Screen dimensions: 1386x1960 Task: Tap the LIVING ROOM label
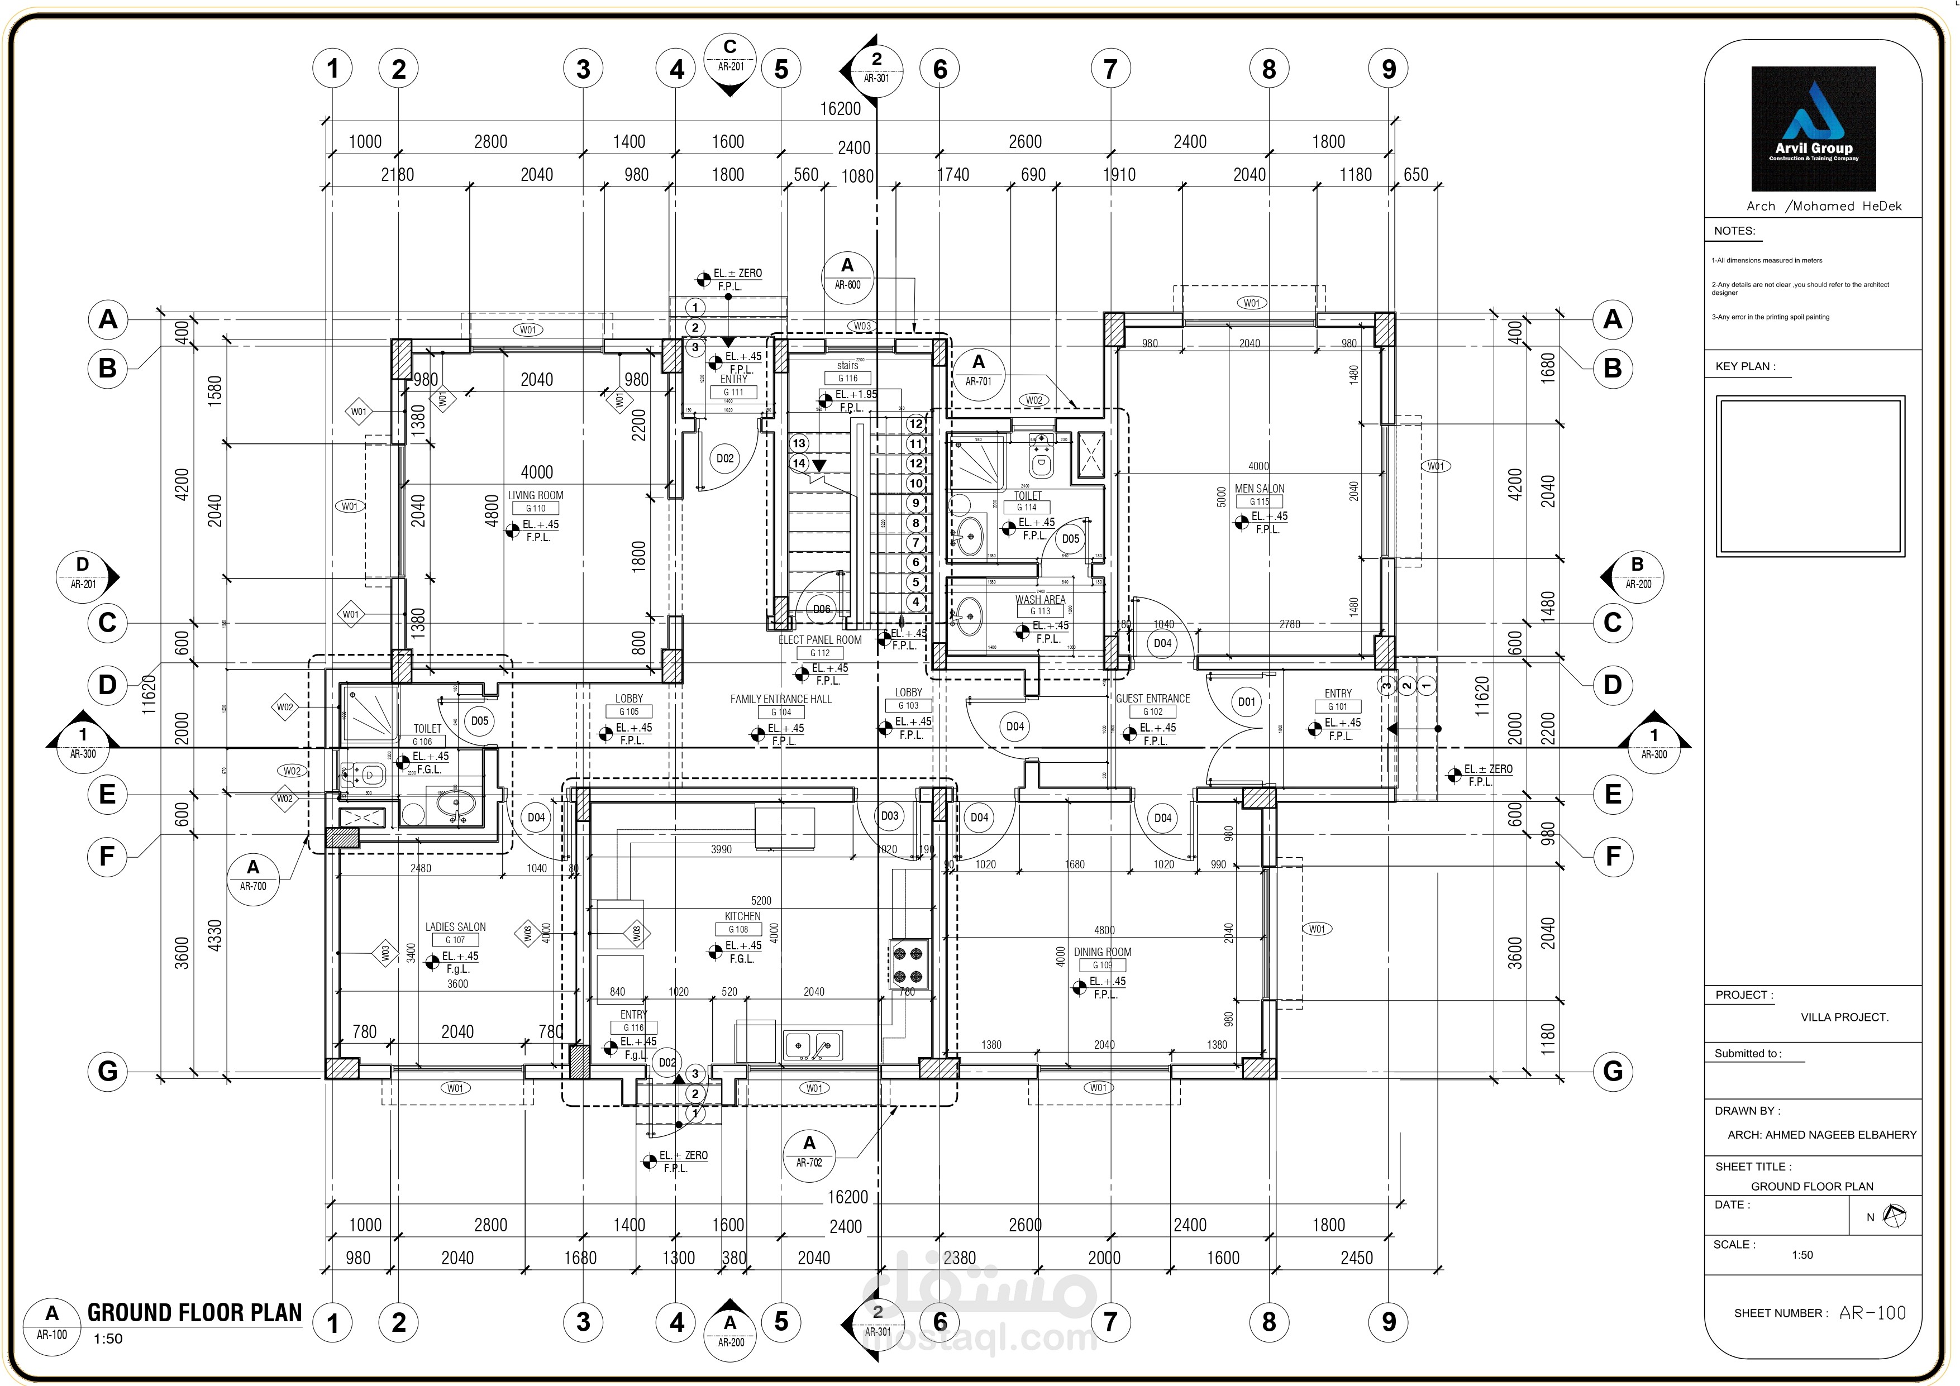point(535,495)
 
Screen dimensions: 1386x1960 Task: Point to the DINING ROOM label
point(1102,952)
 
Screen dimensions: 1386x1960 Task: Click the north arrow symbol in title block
point(1894,1216)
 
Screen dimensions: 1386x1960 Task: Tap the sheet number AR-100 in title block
point(1872,1313)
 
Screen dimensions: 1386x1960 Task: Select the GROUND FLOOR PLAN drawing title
point(194,1313)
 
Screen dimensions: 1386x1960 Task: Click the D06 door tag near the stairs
point(821,609)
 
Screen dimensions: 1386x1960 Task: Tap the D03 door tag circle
point(889,816)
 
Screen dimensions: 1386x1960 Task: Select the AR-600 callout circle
point(847,274)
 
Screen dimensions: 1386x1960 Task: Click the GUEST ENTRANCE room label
point(1152,698)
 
